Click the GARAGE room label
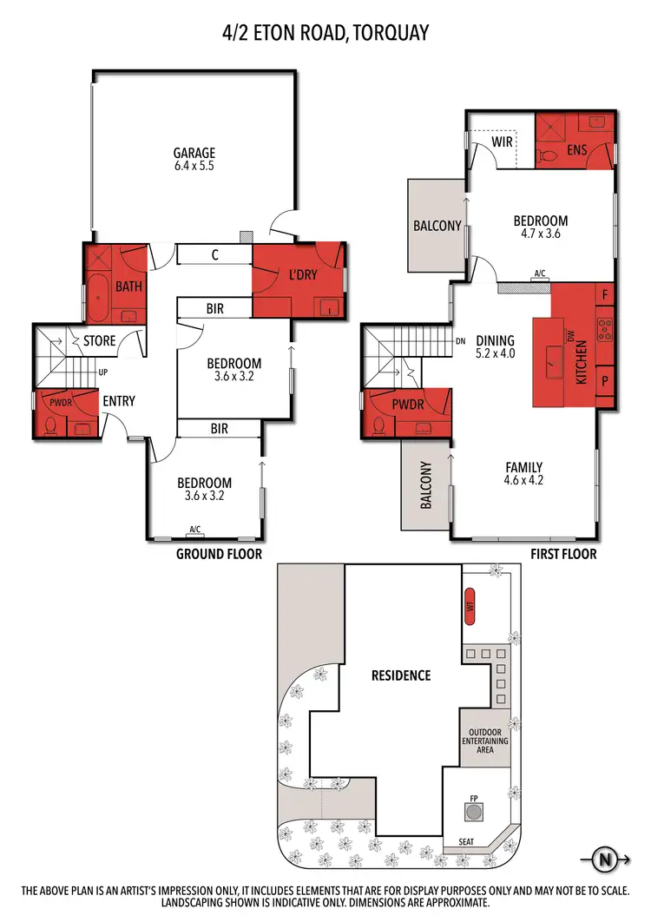pyautogui.click(x=194, y=153)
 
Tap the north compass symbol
pyautogui.click(x=604, y=861)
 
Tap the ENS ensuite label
pyautogui.click(x=577, y=150)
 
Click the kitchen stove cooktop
pyautogui.click(x=604, y=329)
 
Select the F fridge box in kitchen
pyautogui.click(x=604, y=295)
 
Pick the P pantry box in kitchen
pyautogui.click(x=604, y=380)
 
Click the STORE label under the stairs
pyautogui.click(x=99, y=341)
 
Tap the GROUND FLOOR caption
pyautogui.click(x=219, y=554)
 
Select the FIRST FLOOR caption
pyautogui.click(x=564, y=554)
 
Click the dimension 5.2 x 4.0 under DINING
pyautogui.click(x=495, y=354)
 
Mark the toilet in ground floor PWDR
pyautogui.click(x=52, y=426)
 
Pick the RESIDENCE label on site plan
pyautogui.click(x=401, y=675)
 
